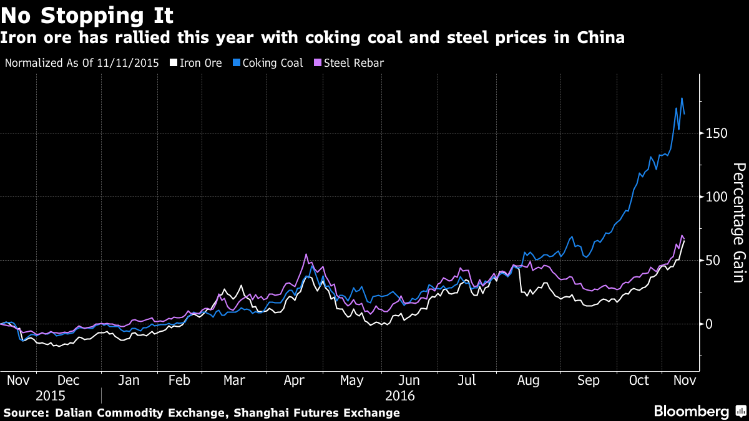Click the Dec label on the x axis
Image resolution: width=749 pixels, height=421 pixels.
pos(68,380)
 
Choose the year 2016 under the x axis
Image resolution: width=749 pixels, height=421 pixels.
pos(399,395)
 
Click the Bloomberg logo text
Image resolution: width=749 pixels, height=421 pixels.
pos(691,411)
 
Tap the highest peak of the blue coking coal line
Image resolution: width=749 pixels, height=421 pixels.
pos(682,99)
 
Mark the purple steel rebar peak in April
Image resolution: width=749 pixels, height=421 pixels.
pos(306,254)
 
